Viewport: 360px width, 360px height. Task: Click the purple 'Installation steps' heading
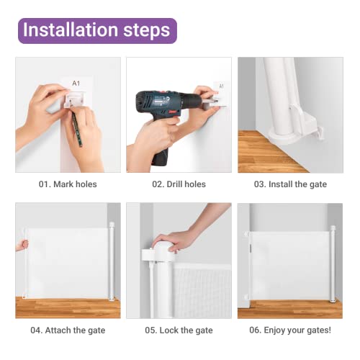coord(96,30)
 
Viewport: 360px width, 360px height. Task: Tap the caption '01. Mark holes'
coord(68,184)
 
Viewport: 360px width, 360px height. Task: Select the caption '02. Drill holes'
coord(179,184)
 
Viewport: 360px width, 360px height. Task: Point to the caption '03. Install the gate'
coord(290,184)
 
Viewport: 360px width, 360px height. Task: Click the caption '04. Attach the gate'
coord(68,330)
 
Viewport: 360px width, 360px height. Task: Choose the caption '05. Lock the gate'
coord(179,330)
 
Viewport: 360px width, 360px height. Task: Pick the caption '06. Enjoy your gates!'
coord(290,330)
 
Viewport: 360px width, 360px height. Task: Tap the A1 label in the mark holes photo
coord(76,84)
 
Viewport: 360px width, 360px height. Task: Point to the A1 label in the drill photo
coord(221,86)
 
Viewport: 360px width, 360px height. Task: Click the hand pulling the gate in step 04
coord(21,245)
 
